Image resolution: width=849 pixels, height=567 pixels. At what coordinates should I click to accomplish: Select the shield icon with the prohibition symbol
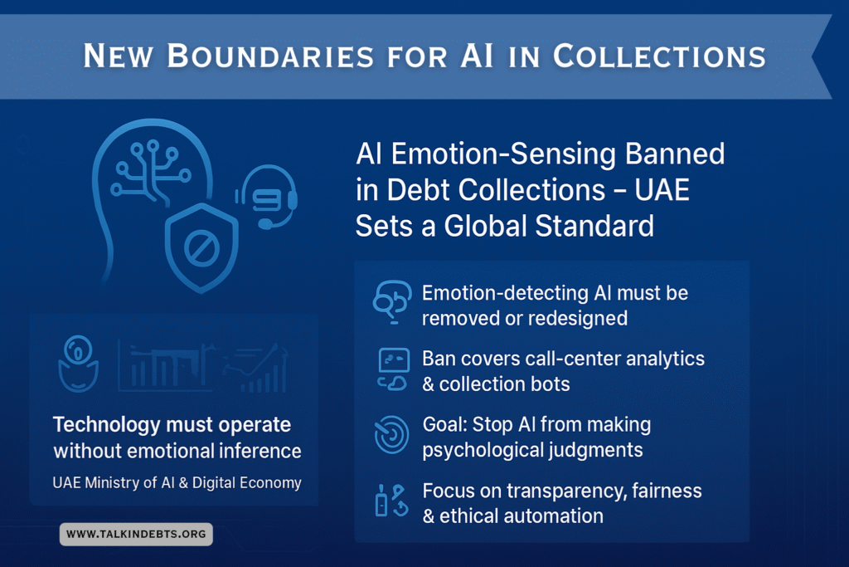pyautogui.click(x=202, y=247)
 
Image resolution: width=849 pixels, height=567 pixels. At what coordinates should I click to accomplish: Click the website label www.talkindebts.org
pyautogui.click(x=136, y=534)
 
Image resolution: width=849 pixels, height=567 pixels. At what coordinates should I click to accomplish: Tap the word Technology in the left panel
pyautogui.click(x=107, y=425)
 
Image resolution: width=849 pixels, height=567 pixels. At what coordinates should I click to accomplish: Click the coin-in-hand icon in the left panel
pyautogui.click(x=78, y=363)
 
